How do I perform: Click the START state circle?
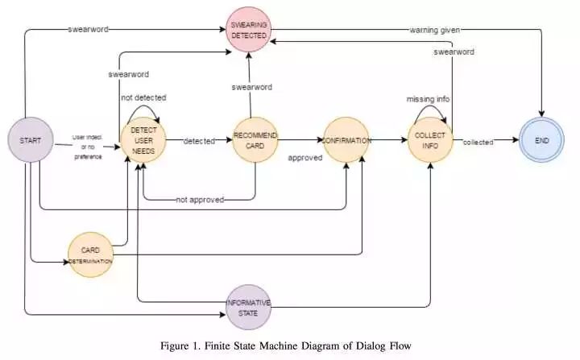pos(30,140)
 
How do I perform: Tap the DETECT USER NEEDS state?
pos(143,140)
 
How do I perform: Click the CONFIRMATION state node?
pos(346,140)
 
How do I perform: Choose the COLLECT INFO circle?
pos(430,140)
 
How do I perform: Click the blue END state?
pos(541,140)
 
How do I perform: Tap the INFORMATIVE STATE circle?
pos(249,308)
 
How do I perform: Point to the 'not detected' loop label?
pos(143,97)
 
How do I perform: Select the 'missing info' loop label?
pos(428,98)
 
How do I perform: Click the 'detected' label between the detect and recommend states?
pos(199,141)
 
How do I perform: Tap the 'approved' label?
pos(305,158)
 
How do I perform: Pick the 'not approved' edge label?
pos(200,199)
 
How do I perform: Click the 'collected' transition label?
pos(478,143)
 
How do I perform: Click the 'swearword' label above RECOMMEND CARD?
pos(252,86)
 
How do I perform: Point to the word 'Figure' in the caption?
pos(186,346)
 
